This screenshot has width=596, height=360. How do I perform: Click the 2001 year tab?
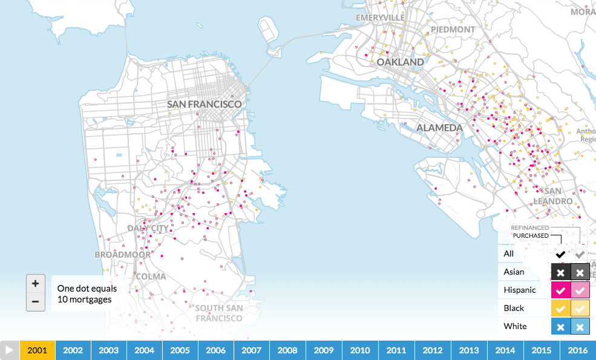[x=38, y=350]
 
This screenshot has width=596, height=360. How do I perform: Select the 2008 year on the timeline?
[x=288, y=350]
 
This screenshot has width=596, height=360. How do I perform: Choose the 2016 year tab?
[x=578, y=350]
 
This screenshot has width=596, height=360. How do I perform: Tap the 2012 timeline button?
[x=433, y=350]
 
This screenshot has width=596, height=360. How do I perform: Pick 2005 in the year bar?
[x=180, y=350]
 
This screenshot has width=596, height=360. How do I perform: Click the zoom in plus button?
[x=36, y=283]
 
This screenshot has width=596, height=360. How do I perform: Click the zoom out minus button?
[x=36, y=301]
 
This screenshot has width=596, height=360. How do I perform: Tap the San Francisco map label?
[x=205, y=104]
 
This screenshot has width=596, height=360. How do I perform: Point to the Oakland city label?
[x=401, y=62]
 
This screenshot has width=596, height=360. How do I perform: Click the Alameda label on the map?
[x=439, y=128]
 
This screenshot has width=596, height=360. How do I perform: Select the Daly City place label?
[x=148, y=228]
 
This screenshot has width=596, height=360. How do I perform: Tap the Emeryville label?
[x=380, y=18]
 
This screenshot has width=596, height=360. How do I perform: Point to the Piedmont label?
[x=453, y=29]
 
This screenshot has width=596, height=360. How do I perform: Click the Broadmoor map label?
[x=122, y=255]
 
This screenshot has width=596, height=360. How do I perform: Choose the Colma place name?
[x=151, y=277]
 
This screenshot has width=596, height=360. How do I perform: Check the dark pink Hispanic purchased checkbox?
[x=561, y=290]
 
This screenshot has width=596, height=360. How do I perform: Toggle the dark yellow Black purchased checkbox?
[x=561, y=309]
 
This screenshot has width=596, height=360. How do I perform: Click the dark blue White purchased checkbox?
[x=561, y=327]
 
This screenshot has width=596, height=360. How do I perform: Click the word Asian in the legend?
[x=514, y=272]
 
